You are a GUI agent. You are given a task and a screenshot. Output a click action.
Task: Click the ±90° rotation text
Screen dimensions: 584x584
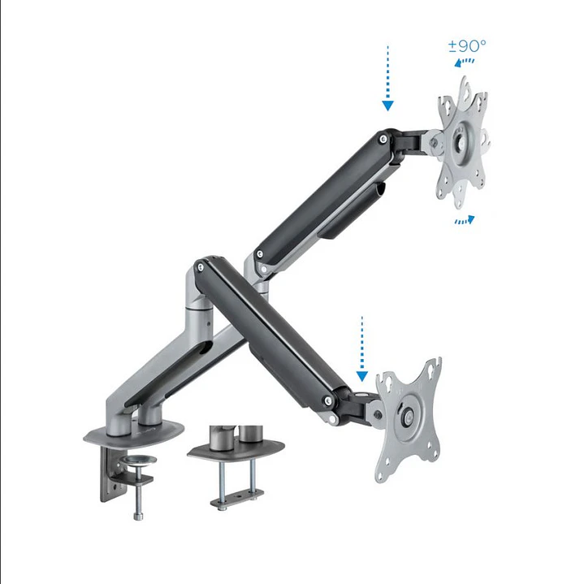click(467, 45)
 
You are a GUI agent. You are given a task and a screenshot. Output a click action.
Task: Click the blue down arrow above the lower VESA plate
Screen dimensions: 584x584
click(362, 349)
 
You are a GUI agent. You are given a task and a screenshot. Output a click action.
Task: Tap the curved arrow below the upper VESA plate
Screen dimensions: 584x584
click(464, 220)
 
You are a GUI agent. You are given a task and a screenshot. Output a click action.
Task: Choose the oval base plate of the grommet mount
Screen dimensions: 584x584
click(236, 451)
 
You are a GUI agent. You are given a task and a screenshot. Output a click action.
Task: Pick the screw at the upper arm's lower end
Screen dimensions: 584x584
click(259, 255)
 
